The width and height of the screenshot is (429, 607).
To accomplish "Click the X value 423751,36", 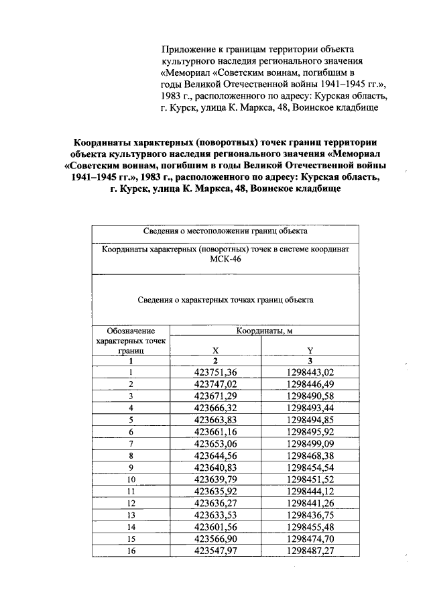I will click(x=215, y=372).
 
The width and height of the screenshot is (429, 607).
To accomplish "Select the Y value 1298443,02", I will click(x=310, y=372).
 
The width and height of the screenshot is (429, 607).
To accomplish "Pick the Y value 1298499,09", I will click(x=310, y=443).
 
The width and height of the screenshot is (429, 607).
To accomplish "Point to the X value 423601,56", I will click(x=215, y=527).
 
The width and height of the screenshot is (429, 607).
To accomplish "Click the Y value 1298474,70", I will click(x=310, y=539).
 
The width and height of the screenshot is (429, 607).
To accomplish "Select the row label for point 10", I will click(x=131, y=480).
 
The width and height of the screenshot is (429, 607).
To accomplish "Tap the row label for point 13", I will click(x=131, y=515).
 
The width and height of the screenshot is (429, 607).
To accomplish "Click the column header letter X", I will click(x=215, y=349).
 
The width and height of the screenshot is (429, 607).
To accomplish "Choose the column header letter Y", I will click(x=310, y=349).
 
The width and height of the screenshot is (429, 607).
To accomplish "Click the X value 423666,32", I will click(x=215, y=408).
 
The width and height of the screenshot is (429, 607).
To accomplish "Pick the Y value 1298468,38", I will click(x=310, y=455).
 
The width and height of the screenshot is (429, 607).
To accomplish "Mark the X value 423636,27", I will click(x=215, y=503).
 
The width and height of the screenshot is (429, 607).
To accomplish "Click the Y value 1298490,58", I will click(x=310, y=396).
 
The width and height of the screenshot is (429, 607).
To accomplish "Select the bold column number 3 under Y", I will click(x=310, y=360).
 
